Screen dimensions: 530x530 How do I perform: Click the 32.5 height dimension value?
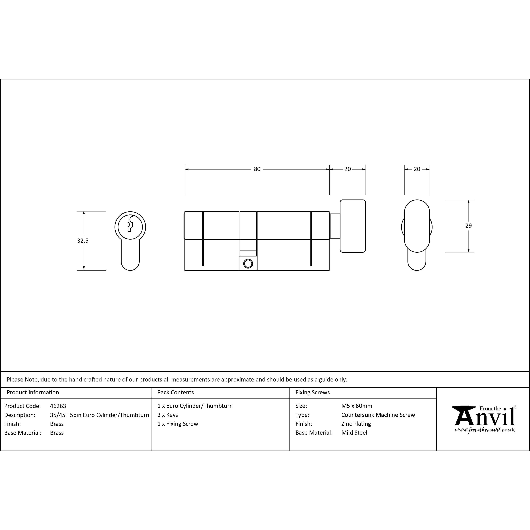pos(83,241)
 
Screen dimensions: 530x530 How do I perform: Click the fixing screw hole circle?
pos(248,264)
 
